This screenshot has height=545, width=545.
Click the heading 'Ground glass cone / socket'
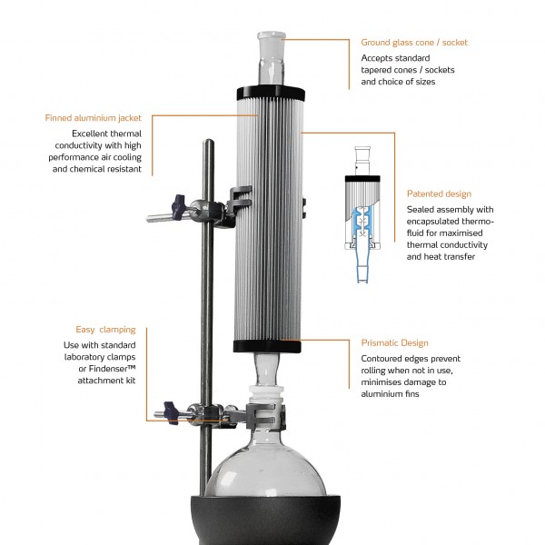pos(414,43)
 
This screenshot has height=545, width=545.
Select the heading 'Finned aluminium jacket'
pos(94,118)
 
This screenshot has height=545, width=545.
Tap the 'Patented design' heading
pos(439,194)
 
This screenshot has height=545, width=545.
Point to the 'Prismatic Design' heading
pos(394,343)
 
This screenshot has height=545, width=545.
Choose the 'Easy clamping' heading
pos(105,330)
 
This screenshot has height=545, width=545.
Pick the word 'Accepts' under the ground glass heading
pos(376,58)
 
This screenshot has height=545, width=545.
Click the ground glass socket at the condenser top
pos(272,58)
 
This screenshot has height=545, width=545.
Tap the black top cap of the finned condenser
pos(271,94)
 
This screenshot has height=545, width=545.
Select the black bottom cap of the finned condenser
pos(267,346)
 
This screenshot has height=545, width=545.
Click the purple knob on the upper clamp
pos(179,204)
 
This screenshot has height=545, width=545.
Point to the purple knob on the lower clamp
pos(171,412)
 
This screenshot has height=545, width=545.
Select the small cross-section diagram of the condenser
pos(362,214)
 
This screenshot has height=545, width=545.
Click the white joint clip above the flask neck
pos(266,394)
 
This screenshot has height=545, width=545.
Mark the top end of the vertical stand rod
pos(208,140)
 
